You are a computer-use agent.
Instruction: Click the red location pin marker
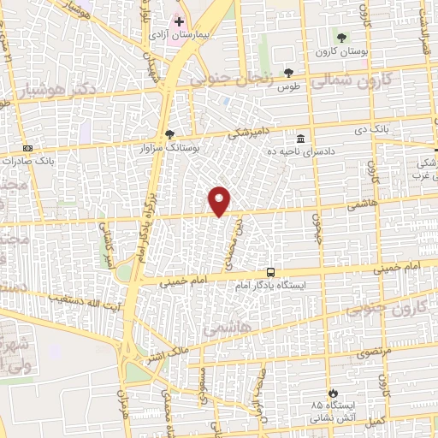click(x=220, y=201)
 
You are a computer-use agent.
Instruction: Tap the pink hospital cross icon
click(x=179, y=21)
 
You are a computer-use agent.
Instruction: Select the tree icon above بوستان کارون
click(x=341, y=38)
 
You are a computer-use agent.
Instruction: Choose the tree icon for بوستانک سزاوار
click(x=169, y=134)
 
